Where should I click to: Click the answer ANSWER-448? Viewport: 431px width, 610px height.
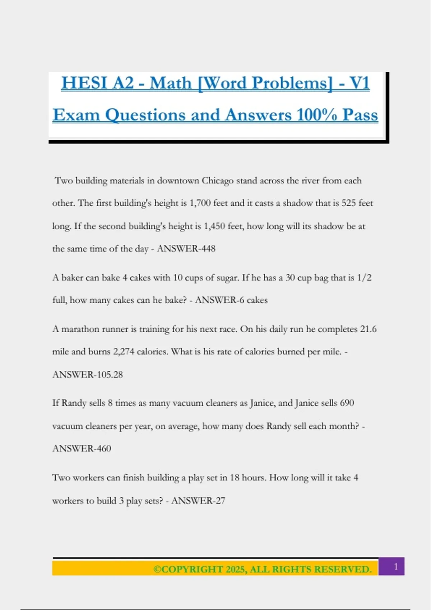(x=186, y=249)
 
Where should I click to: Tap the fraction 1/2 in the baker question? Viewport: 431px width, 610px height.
(x=364, y=278)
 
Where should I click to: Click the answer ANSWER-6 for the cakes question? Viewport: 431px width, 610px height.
(x=219, y=300)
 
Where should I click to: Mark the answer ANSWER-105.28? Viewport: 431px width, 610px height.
(x=88, y=375)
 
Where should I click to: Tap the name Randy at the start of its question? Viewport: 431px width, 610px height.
(x=74, y=403)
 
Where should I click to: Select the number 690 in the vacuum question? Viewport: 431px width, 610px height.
(x=347, y=403)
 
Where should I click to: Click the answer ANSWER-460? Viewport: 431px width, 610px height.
(x=82, y=449)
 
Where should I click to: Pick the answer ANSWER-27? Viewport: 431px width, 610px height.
(x=198, y=501)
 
